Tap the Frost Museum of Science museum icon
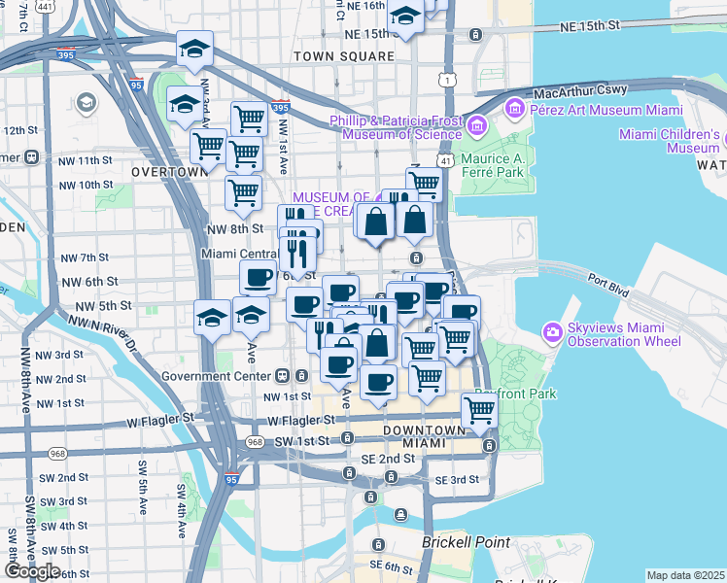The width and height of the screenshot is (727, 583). tap(476, 126)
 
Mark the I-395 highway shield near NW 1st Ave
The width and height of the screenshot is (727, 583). tap(280, 108)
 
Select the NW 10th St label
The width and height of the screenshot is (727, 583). tap(87, 185)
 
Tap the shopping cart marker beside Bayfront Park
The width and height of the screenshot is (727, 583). tap(479, 411)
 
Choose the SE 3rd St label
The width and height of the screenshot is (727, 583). tap(457, 480)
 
